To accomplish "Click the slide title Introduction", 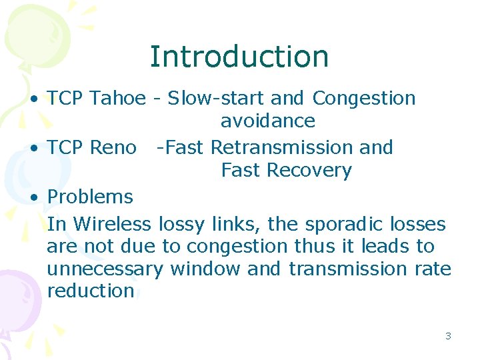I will click(x=239, y=57).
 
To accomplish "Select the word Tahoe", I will click(x=117, y=99).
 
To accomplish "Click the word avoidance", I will click(x=267, y=121).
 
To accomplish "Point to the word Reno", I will click(x=113, y=147).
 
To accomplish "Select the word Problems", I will click(x=90, y=197).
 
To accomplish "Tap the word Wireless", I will click(x=113, y=223).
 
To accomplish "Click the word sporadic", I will click(x=340, y=223).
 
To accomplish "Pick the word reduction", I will click(x=91, y=291).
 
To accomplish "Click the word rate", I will click(x=436, y=269).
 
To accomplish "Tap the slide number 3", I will click(x=448, y=336).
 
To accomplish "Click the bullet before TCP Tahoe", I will click(x=34, y=99).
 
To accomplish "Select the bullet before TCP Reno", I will click(x=34, y=148).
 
